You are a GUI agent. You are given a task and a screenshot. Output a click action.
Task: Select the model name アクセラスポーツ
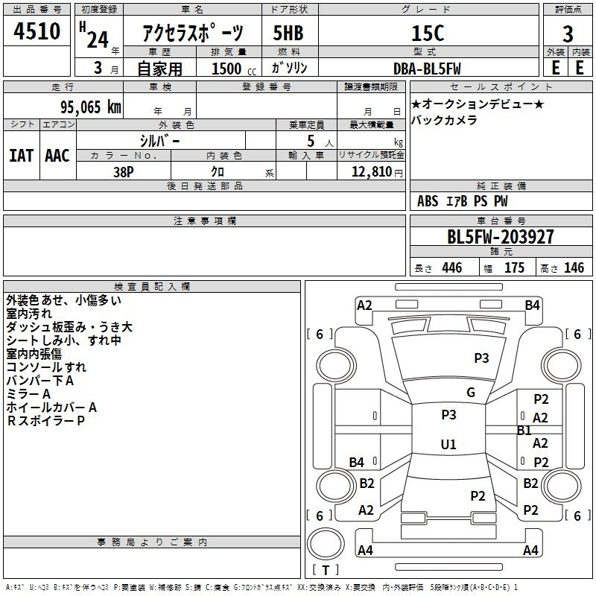point(193,34)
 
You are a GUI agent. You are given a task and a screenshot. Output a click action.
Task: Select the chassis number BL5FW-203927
point(501,237)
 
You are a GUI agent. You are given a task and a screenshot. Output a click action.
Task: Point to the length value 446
point(451,268)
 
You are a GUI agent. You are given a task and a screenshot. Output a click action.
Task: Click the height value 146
point(574,268)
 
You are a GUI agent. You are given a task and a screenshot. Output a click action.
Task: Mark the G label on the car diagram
point(471,393)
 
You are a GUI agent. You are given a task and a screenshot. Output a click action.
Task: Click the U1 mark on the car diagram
point(448,445)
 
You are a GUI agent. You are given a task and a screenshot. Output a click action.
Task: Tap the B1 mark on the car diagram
point(524,431)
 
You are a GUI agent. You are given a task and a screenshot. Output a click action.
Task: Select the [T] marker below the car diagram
point(325,570)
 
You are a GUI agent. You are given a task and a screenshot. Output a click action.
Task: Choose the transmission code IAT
point(21,156)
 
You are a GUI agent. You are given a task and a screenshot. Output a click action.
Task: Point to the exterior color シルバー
point(159,140)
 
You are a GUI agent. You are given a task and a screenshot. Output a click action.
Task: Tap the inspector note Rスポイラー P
point(45,421)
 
